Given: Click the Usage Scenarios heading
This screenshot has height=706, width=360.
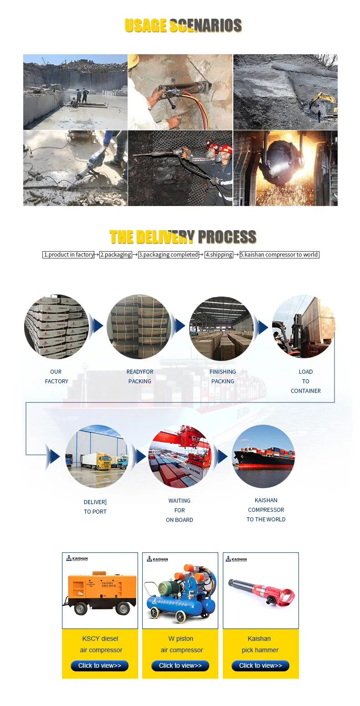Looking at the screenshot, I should tap(183, 26).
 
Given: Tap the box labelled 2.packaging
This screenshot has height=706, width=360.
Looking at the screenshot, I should tap(116, 255).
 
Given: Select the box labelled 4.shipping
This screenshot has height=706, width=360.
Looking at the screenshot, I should tap(219, 255).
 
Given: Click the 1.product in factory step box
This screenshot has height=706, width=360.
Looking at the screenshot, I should tap(69, 255).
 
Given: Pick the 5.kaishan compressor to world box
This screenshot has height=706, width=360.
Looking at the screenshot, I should tap(279, 255).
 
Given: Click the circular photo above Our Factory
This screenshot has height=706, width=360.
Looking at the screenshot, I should tap(57, 327).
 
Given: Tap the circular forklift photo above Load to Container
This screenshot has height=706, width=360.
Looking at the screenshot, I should tap(303, 327).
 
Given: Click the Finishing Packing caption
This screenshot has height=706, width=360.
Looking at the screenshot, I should tap(223, 376).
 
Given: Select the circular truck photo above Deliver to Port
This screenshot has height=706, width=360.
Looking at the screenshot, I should tap(97, 457).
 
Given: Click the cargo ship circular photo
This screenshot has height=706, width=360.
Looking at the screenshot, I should tap(263, 457).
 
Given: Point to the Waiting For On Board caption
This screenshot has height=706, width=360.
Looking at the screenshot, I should tap(180, 510).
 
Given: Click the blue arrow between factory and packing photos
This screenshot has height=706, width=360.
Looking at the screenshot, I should tap(97, 326).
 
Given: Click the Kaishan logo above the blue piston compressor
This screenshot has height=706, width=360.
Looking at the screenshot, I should tap(158, 559).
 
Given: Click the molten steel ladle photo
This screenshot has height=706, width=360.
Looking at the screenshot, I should tap(285, 168).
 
